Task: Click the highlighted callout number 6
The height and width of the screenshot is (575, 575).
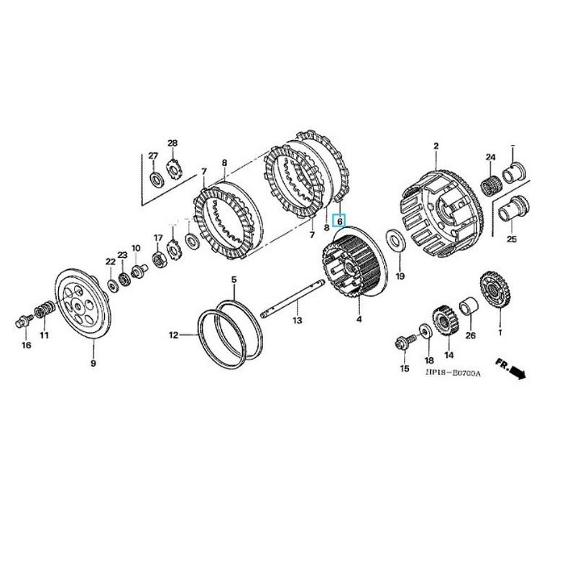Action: pos(340,222)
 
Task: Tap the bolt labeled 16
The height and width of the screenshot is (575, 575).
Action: pos(22,317)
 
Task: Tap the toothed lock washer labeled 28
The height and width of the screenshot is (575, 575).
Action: pos(172,171)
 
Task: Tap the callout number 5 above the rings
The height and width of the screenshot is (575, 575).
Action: pos(233,279)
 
